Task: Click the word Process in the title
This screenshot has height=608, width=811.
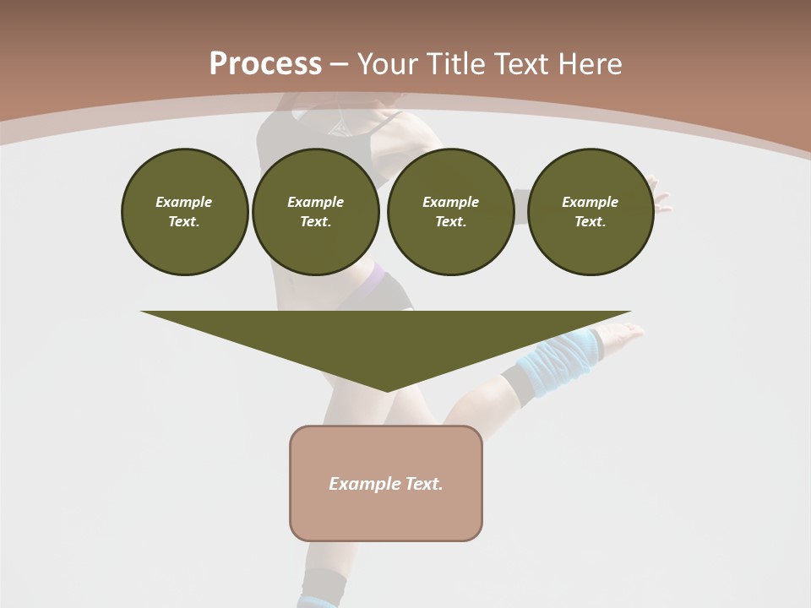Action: coord(265,64)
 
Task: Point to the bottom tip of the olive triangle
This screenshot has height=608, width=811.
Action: coord(387,389)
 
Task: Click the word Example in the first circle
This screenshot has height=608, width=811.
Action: coord(184,202)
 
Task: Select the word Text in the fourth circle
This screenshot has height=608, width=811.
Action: coord(590,221)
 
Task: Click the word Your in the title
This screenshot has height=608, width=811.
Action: coord(389,64)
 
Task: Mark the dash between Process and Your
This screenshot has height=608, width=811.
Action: coord(339,64)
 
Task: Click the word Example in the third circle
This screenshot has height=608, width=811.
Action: coord(450,202)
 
